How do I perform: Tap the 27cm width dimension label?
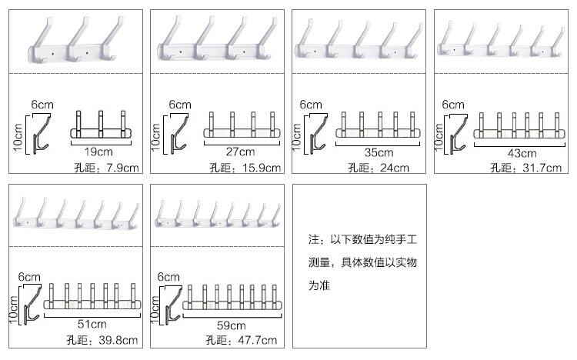[x=241, y=151]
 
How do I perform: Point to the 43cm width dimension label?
[x=520, y=151]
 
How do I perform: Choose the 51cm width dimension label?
[x=93, y=324]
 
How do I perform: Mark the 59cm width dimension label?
[x=231, y=324]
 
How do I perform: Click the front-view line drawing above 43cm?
[x=519, y=127]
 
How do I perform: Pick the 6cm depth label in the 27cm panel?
[x=179, y=104]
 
